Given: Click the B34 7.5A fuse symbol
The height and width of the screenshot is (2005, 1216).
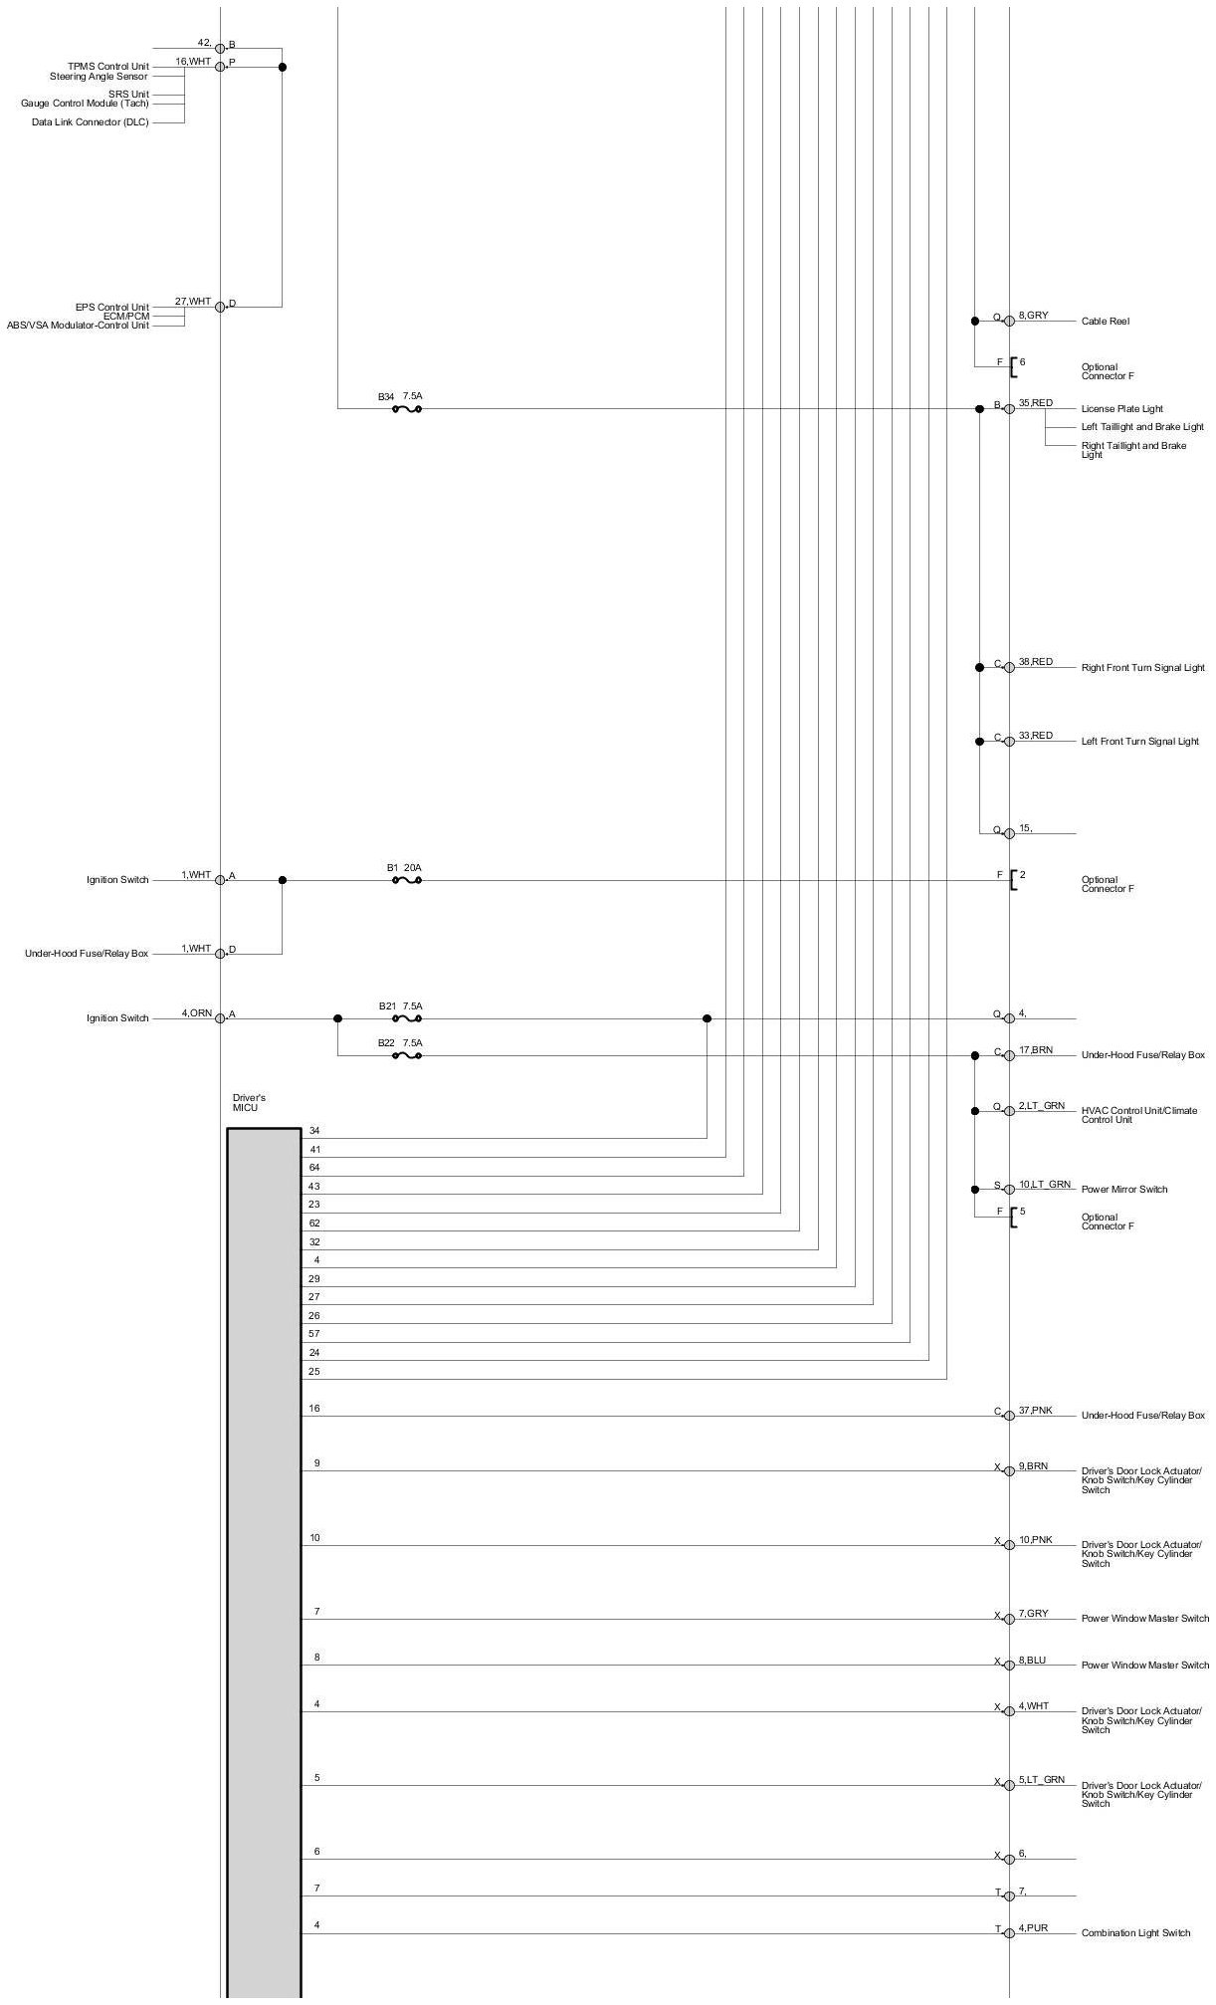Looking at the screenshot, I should pyautogui.click(x=407, y=409).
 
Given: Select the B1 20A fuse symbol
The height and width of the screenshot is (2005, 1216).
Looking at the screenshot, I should pyautogui.click(x=407, y=880).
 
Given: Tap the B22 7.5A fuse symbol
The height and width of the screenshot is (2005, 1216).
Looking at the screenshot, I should pyautogui.click(x=407, y=1055).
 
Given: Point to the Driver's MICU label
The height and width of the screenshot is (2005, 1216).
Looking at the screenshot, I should pyautogui.click(x=249, y=1102).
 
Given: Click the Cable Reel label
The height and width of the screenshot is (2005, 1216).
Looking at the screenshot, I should pyautogui.click(x=1105, y=322).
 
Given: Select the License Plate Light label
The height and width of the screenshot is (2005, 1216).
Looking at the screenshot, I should pyautogui.click(x=1121, y=409).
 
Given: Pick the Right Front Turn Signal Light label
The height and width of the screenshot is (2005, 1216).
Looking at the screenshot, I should pyautogui.click(x=1142, y=668).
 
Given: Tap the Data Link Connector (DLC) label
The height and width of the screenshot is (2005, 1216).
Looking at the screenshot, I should pyautogui.click(x=90, y=122).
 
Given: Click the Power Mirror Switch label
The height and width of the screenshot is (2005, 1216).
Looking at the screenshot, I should pyautogui.click(x=1124, y=1190).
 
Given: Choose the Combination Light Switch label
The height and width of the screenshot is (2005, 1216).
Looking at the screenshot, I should pyautogui.click(x=1135, y=1933).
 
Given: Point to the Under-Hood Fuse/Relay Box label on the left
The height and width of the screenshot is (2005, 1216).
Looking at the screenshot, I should pyautogui.click(x=87, y=954).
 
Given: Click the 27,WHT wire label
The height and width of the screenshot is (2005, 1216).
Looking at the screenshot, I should pyautogui.click(x=193, y=302).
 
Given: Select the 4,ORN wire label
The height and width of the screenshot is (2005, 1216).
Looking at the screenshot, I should pyautogui.click(x=196, y=1013).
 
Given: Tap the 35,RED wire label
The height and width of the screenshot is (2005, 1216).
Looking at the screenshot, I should pyautogui.click(x=1035, y=403).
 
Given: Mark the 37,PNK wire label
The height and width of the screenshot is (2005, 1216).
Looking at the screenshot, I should pyautogui.click(x=1035, y=1411).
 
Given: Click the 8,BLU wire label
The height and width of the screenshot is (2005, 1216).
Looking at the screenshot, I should pyautogui.click(x=1032, y=1661).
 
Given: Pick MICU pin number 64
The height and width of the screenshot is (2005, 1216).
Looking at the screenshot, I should pyautogui.click(x=314, y=1167).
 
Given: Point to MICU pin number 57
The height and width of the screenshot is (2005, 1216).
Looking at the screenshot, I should pyautogui.click(x=314, y=1333).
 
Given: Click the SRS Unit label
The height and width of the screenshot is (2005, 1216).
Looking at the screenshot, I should pyautogui.click(x=128, y=95).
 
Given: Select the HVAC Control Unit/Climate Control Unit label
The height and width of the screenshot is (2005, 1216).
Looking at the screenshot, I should pyautogui.click(x=1139, y=1115).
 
